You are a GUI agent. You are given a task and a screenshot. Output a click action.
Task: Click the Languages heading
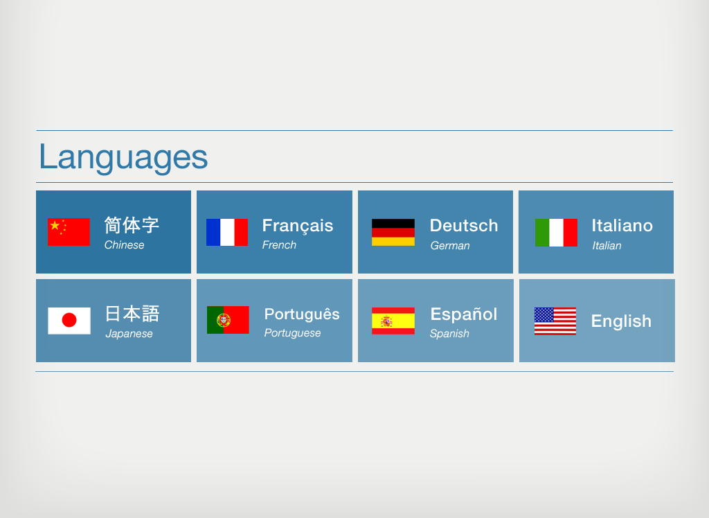point(123,157)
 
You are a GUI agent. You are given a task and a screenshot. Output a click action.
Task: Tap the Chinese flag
point(69,232)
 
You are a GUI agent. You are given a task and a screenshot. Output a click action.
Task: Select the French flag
point(227,233)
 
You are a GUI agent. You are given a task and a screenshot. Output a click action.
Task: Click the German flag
point(393,233)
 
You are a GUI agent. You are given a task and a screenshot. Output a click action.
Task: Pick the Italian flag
point(556,233)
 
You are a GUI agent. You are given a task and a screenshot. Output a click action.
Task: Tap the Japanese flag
point(69,321)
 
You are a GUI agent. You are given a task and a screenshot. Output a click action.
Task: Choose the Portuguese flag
point(228,320)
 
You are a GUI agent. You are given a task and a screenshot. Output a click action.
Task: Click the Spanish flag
point(393,321)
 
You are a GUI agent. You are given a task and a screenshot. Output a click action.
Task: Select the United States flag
point(555,321)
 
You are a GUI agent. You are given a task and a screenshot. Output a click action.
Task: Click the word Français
point(298,226)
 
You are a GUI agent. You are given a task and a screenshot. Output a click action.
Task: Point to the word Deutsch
point(464,225)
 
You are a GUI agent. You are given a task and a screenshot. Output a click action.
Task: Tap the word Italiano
point(622,225)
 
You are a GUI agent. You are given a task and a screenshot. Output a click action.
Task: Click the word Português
point(302,314)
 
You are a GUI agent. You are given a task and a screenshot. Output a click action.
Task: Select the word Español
point(464,314)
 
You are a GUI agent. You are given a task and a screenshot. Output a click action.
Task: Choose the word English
point(621,321)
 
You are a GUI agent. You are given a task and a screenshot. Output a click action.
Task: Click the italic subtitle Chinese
point(125,244)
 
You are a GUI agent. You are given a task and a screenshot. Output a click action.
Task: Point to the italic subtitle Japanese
point(129,334)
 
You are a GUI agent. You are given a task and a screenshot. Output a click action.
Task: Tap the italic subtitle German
point(450,246)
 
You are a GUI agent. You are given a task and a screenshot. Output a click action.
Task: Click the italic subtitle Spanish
point(449,334)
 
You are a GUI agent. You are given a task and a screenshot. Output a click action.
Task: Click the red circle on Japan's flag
point(69,321)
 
